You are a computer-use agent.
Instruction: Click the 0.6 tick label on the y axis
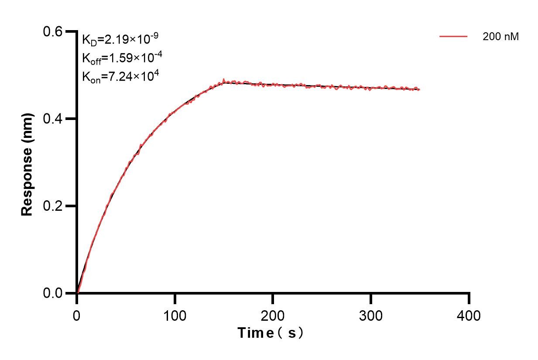click(x=53, y=31)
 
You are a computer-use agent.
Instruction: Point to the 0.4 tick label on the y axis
click(x=53, y=119)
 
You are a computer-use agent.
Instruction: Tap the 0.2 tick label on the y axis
click(x=53, y=206)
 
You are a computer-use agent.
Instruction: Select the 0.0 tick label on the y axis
click(x=53, y=293)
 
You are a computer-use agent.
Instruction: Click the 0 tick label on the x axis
click(x=77, y=315)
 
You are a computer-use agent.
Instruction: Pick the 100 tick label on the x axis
click(x=175, y=315)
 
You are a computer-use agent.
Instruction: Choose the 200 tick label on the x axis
click(x=273, y=315)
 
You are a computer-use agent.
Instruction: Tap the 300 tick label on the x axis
click(x=371, y=315)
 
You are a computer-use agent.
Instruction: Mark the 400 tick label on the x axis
click(x=469, y=315)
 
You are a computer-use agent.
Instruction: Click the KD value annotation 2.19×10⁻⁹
click(x=120, y=39)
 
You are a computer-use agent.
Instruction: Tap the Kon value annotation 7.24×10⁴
click(x=120, y=76)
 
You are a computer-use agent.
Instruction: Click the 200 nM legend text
click(x=500, y=37)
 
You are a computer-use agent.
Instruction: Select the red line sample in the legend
click(x=453, y=37)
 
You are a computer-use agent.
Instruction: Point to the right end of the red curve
click(x=419, y=89)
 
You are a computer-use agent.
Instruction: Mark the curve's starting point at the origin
click(x=77, y=293)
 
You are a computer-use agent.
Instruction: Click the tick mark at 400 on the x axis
click(x=469, y=298)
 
